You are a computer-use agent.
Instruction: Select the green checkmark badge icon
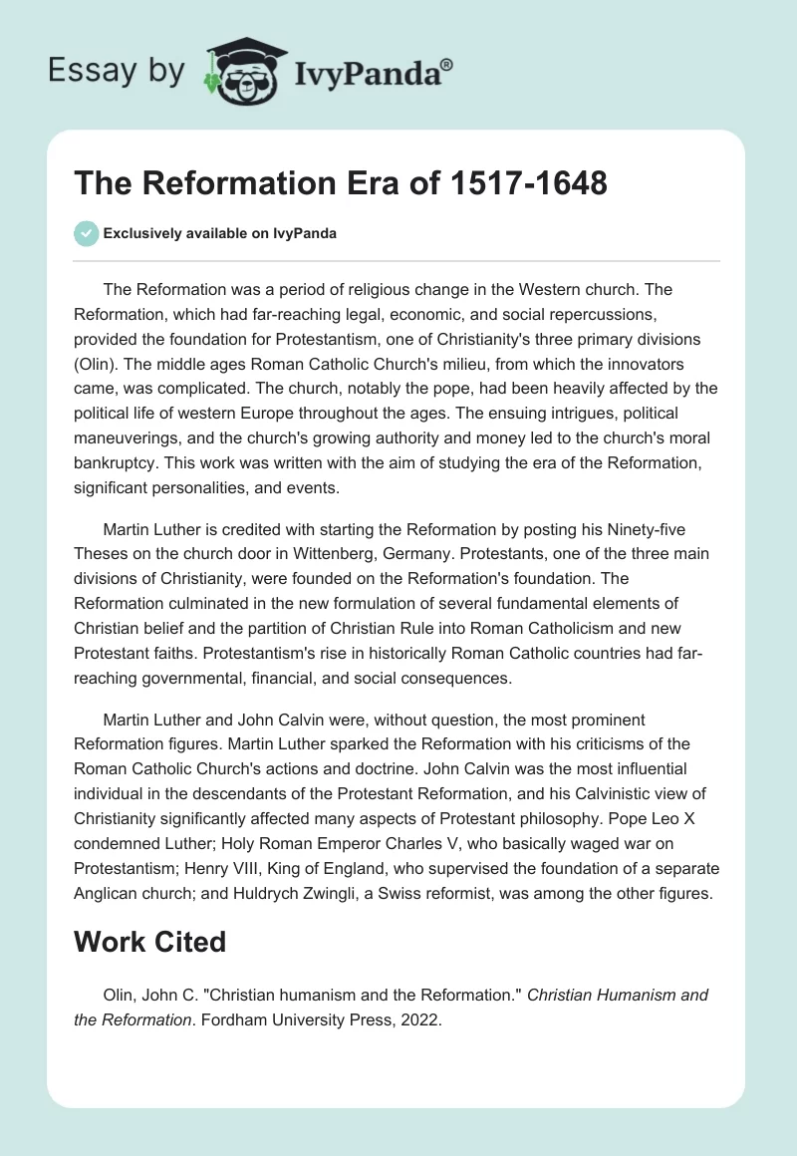click(86, 233)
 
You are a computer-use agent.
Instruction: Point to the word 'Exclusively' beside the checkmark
click(139, 234)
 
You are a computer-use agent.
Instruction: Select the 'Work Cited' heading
click(148, 941)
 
